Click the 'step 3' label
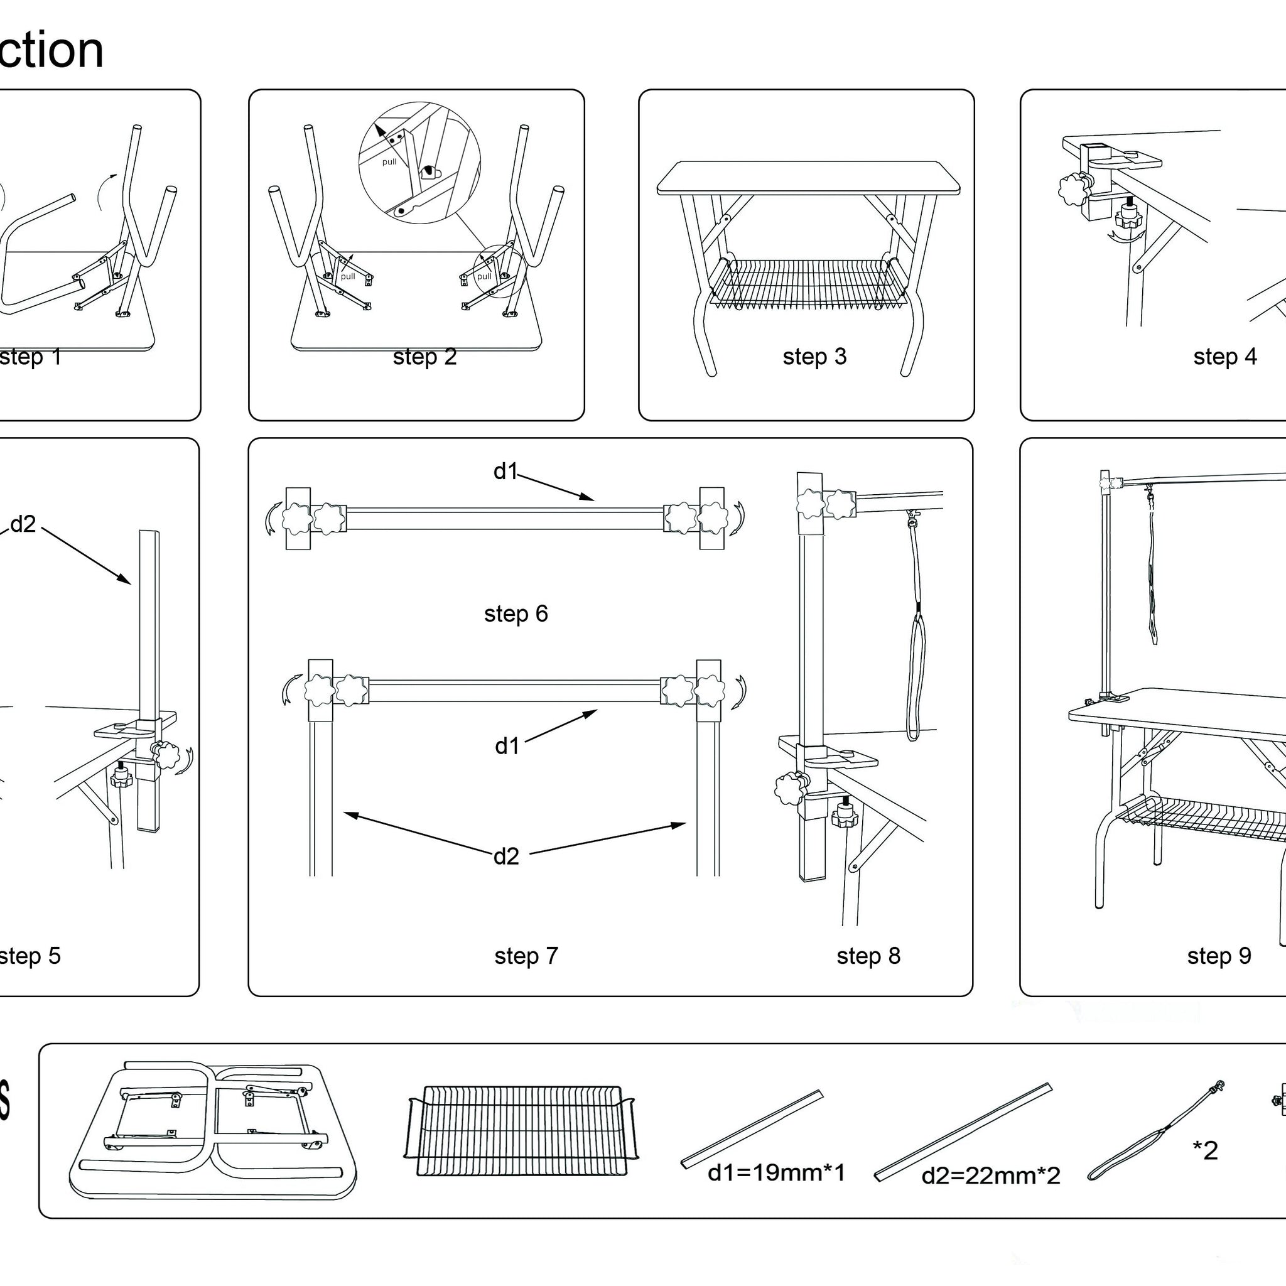814,357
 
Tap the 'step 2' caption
424,357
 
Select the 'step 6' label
516,613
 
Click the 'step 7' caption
526,956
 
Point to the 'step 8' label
868,956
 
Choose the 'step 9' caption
1219,956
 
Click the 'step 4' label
1224,357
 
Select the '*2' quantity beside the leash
1205,1150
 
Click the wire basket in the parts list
521,1132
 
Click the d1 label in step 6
505,472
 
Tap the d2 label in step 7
506,856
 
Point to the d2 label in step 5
23,524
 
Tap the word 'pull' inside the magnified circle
389,162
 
